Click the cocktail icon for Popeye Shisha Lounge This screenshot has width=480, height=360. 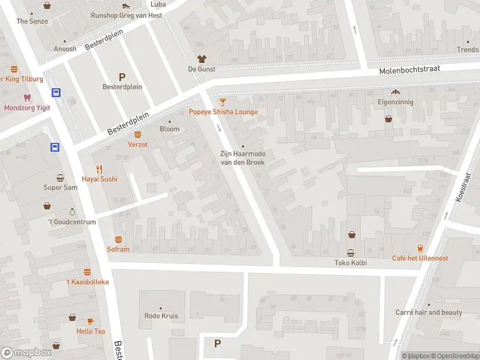click(223, 102)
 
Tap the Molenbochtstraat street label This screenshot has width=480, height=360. click(409, 70)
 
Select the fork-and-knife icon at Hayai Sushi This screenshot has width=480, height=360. click(100, 169)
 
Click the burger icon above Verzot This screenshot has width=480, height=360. click(137, 134)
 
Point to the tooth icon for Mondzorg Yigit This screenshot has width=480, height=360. click(26, 98)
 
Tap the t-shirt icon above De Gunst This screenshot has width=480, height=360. click(202, 59)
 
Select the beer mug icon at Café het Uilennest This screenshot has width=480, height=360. click(420, 248)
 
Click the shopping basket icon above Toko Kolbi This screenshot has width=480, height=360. click(350, 253)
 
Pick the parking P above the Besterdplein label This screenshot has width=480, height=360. click(122, 76)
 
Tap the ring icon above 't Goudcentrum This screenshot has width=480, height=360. click(72, 212)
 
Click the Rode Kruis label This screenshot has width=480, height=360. click(161, 316)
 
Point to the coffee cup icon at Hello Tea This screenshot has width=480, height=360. click(91, 321)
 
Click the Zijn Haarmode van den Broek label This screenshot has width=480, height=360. click(242, 158)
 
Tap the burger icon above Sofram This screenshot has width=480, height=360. click(118, 239)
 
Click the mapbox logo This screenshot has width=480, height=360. click(26, 353)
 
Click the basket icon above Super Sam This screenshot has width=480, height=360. click(61, 178)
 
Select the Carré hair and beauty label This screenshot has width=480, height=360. click(428, 313)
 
